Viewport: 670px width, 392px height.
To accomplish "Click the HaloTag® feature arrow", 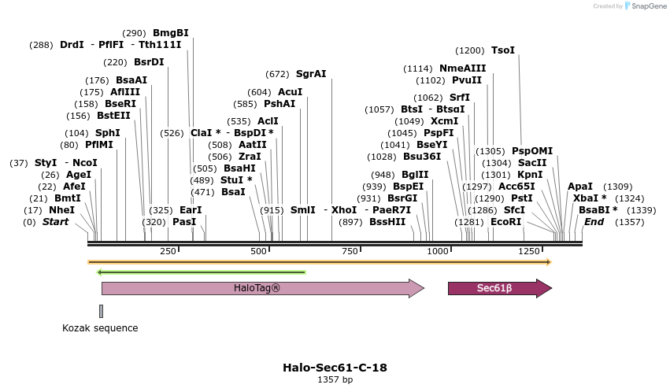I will (x=260, y=289).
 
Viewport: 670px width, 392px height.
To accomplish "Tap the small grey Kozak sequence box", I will (x=102, y=312).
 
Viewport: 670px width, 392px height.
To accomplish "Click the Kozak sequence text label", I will (x=100, y=328).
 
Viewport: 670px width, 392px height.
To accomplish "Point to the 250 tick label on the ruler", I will (x=168, y=251).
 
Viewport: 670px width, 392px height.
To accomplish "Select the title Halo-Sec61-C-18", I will (x=335, y=368).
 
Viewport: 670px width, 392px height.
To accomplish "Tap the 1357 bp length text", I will (x=335, y=380).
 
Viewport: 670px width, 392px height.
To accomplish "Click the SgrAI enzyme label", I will (x=311, y=74).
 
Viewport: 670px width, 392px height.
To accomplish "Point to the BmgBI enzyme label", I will (x=171, y=33).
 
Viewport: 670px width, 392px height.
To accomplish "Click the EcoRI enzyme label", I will (x=505, y=222).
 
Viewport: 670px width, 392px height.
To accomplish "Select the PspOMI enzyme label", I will (x=532, y=151).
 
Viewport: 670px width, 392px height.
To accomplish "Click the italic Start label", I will (x=55, y=222).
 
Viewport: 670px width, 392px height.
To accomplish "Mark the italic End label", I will (x=594, y=222).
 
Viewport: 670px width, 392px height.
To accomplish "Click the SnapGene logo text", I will (x=646, y=6).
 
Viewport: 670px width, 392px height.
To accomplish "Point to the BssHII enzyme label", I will (x=387, y=222).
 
